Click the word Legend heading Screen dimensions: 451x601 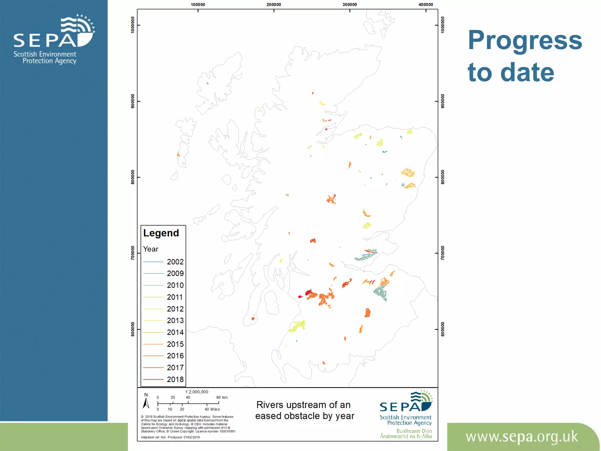(x=161, y=233)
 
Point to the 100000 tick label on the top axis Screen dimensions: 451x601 (x=198, y=4)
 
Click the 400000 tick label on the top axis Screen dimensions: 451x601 (x=426, y=4)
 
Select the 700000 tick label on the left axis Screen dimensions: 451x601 (x=133, y=253)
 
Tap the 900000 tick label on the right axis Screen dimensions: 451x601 (x=443, y=101)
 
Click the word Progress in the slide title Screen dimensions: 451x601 (x=525, y=40)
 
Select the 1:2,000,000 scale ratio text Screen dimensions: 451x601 (x=197, y=392)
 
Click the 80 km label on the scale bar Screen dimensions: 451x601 (x=222, y=398)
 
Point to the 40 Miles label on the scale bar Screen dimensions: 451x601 (x=212, y=409)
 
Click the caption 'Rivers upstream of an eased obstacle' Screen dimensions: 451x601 (x=304, y=410)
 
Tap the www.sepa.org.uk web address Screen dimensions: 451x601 (x=521, y=437)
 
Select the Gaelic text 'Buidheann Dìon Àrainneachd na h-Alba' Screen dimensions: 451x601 (x=406, y=434)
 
